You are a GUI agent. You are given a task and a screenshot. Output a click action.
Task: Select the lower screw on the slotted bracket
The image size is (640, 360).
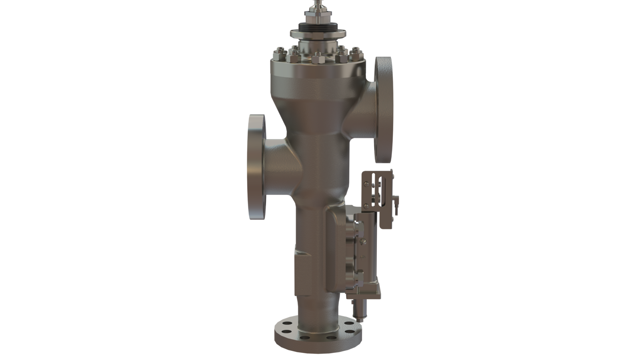point(366,206)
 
